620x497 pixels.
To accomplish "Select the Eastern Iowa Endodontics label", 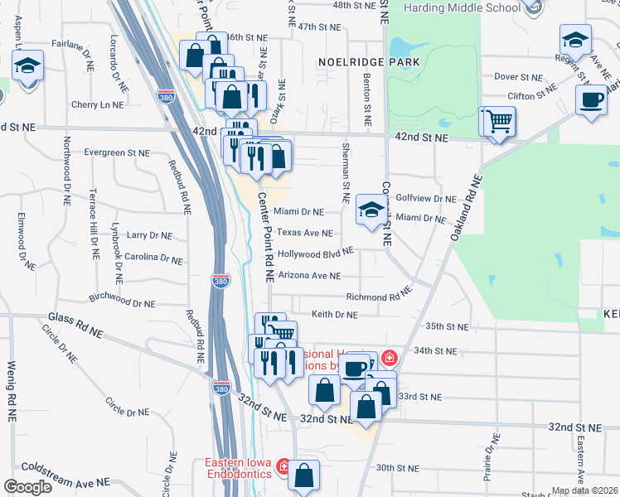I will (240, 468).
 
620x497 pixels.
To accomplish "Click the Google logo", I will (28, 487).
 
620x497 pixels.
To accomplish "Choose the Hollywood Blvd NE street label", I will (315, 253).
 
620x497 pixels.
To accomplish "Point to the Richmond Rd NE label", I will (378, 296).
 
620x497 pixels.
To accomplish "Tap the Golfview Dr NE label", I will (426, 199).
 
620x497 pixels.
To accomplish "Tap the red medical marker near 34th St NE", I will (389, 358).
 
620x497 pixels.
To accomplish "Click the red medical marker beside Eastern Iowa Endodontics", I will (283, 468).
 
